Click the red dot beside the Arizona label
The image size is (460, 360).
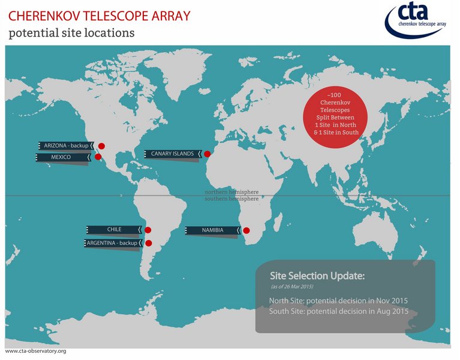pyautogui.click(x=101, y=146)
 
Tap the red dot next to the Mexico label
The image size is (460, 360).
pyautogui.click(x=98, y=157)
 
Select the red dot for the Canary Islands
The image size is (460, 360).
pyautogui.click(x=208, y=154)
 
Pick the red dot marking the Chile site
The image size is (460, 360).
pyautogui.click(x=148, y=230)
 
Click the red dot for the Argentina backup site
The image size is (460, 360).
pyautogui.click(x=149, y=243)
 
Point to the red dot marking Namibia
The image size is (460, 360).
pyautogui.click(x=246, y=230)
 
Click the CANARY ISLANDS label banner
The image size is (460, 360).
pyautogui.click(x=173, y=154)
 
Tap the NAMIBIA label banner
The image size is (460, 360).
pyautogui.click(x=213, y=230)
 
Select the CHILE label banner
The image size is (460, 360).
pyautogui.click(x=115, y=229)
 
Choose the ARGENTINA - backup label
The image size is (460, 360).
pyautogui.click(x=113, y=243)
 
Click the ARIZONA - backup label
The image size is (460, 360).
pyautogui.click(x=67, y=146)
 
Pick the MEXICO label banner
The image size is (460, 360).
pyautogui.click(x=63, y=157)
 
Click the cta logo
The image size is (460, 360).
pyautogui.click(x=416, y=20)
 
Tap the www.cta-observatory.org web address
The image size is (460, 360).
pyautogui.click(x=35, y=351)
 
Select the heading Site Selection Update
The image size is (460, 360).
pyautogui.click(x=317, y=276)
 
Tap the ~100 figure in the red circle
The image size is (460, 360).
pyautogui.click(x=334, y=95)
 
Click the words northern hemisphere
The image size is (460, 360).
pyautogui.click(x=231, y=192)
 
